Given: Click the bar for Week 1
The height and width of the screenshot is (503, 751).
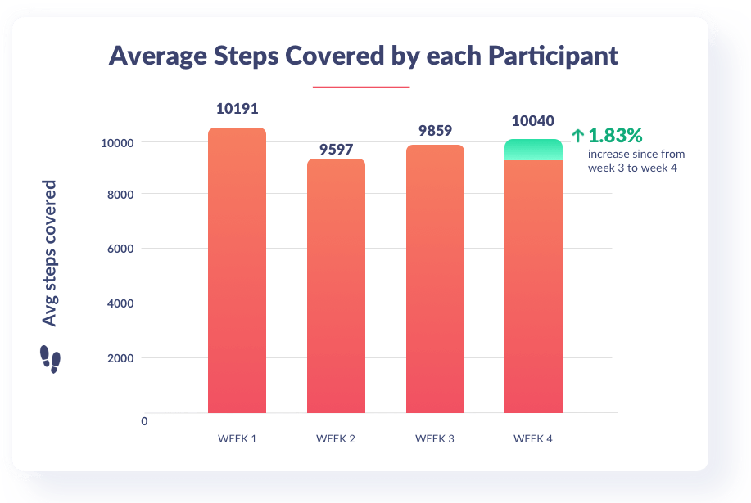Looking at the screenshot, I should pos(237,270).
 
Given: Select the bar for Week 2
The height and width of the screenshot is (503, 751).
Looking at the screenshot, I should pos(335,286).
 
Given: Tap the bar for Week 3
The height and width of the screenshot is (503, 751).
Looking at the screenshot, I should pos(434,278).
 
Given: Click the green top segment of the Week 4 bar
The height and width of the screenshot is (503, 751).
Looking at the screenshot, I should pos(533,150).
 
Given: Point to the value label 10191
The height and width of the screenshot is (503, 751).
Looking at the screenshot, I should pos(237,109).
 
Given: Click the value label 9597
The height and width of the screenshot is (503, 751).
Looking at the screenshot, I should pos(335,149).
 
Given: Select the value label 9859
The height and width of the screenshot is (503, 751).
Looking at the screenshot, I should pos(434,130).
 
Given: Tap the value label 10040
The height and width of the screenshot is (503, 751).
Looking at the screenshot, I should pos(533,121).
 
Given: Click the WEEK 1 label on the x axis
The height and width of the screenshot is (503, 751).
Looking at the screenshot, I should pos(237,439).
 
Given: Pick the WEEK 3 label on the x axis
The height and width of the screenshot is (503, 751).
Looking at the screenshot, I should pos(434,439).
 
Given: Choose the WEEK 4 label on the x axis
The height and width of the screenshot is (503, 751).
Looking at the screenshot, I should pos(533,439).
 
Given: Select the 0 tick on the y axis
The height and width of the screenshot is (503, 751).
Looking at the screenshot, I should pos(144,421).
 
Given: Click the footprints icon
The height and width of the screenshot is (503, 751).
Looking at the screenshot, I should pos(50,358).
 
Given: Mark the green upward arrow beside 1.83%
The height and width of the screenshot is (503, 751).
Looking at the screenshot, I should pos(578,136).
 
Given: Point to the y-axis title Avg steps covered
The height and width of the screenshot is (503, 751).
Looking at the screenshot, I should pos(51,253).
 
